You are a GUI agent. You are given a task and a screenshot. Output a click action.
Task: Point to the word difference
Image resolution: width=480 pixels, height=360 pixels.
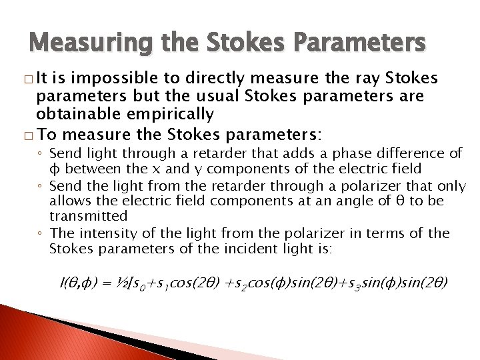click(393, 154)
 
